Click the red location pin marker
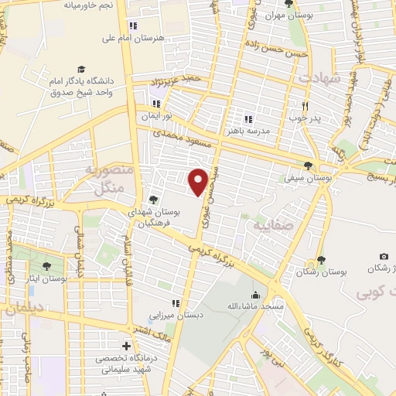click(x=198, y=181)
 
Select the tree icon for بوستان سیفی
click(x=309, y=166)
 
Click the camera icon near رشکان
click(x=384, y=256)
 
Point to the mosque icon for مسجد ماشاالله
click(x=255, y=294)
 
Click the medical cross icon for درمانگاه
click(x=125, y=346)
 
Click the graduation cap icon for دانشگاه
click(x=80, y=70)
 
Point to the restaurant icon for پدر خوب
click(x=306, y=106)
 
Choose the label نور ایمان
click(x=155, y=117)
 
